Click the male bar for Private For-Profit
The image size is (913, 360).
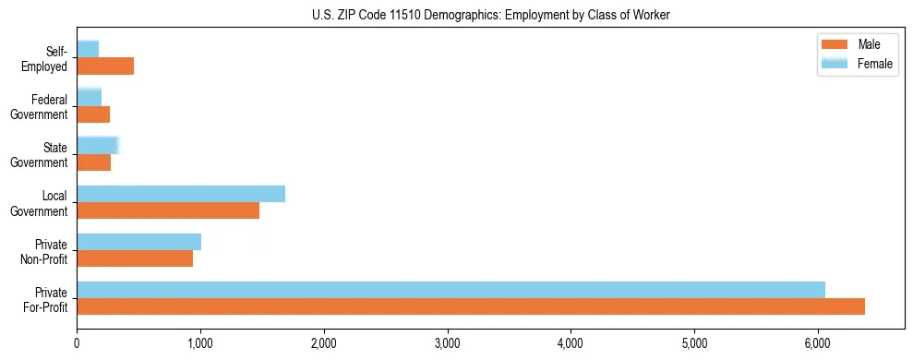coord(471,306)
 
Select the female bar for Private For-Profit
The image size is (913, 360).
coord(450,290)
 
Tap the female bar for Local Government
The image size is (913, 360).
coord(181,194)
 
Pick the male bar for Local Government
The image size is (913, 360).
coord(168,210)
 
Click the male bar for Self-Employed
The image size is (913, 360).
coord(105,66)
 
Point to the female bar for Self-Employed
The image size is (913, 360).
coord(88,49)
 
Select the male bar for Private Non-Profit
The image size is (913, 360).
coord(135,258)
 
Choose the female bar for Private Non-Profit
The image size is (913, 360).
coord(138,242)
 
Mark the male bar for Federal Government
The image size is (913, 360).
coord(93,114)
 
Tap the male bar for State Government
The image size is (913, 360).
coord(93,162)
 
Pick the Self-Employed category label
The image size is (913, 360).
coord(48,59)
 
